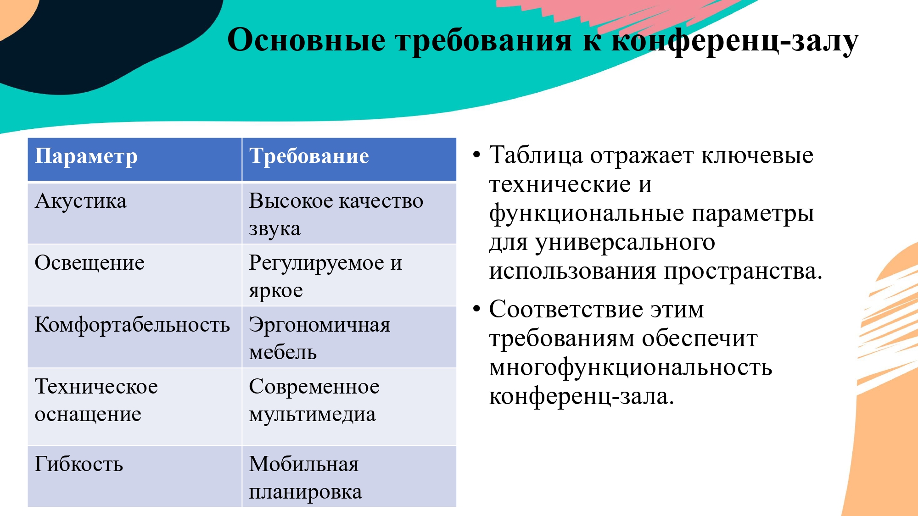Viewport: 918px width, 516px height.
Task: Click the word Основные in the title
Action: coord(307,40)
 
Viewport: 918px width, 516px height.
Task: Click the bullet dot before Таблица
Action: coord(476,155)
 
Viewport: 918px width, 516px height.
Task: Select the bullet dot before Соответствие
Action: coord(476,309)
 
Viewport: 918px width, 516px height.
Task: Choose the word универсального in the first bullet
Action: coord(625,243)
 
